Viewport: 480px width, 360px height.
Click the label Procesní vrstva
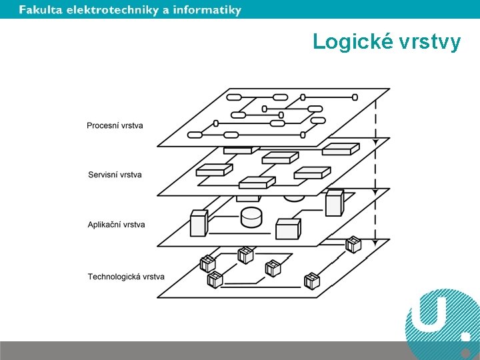click(x=115, y=125)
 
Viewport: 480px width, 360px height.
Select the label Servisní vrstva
click(x=115, y=175)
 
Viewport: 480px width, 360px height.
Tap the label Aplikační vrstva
click(x=116, y=225)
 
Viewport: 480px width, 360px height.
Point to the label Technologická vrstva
click(x=126, y=277)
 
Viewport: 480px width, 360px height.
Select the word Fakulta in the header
click(x=41, y=10)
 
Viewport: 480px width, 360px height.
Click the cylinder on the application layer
click(x=251, y=217)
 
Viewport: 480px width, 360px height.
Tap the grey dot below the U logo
click(x=466, y=352)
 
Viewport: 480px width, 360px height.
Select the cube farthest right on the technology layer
click(x=353, y=245)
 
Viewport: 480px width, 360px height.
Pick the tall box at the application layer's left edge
click(x=199, y=223)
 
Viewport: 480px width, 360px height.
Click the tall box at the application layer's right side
click(x=334, y=202)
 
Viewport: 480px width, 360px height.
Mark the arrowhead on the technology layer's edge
click(x=375, y=241)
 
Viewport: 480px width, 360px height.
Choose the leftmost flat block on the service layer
click(x=211, y=169)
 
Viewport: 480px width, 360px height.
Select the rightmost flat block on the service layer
click(x=337, y=150)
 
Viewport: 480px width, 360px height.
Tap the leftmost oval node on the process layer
click(x=195, y=135)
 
